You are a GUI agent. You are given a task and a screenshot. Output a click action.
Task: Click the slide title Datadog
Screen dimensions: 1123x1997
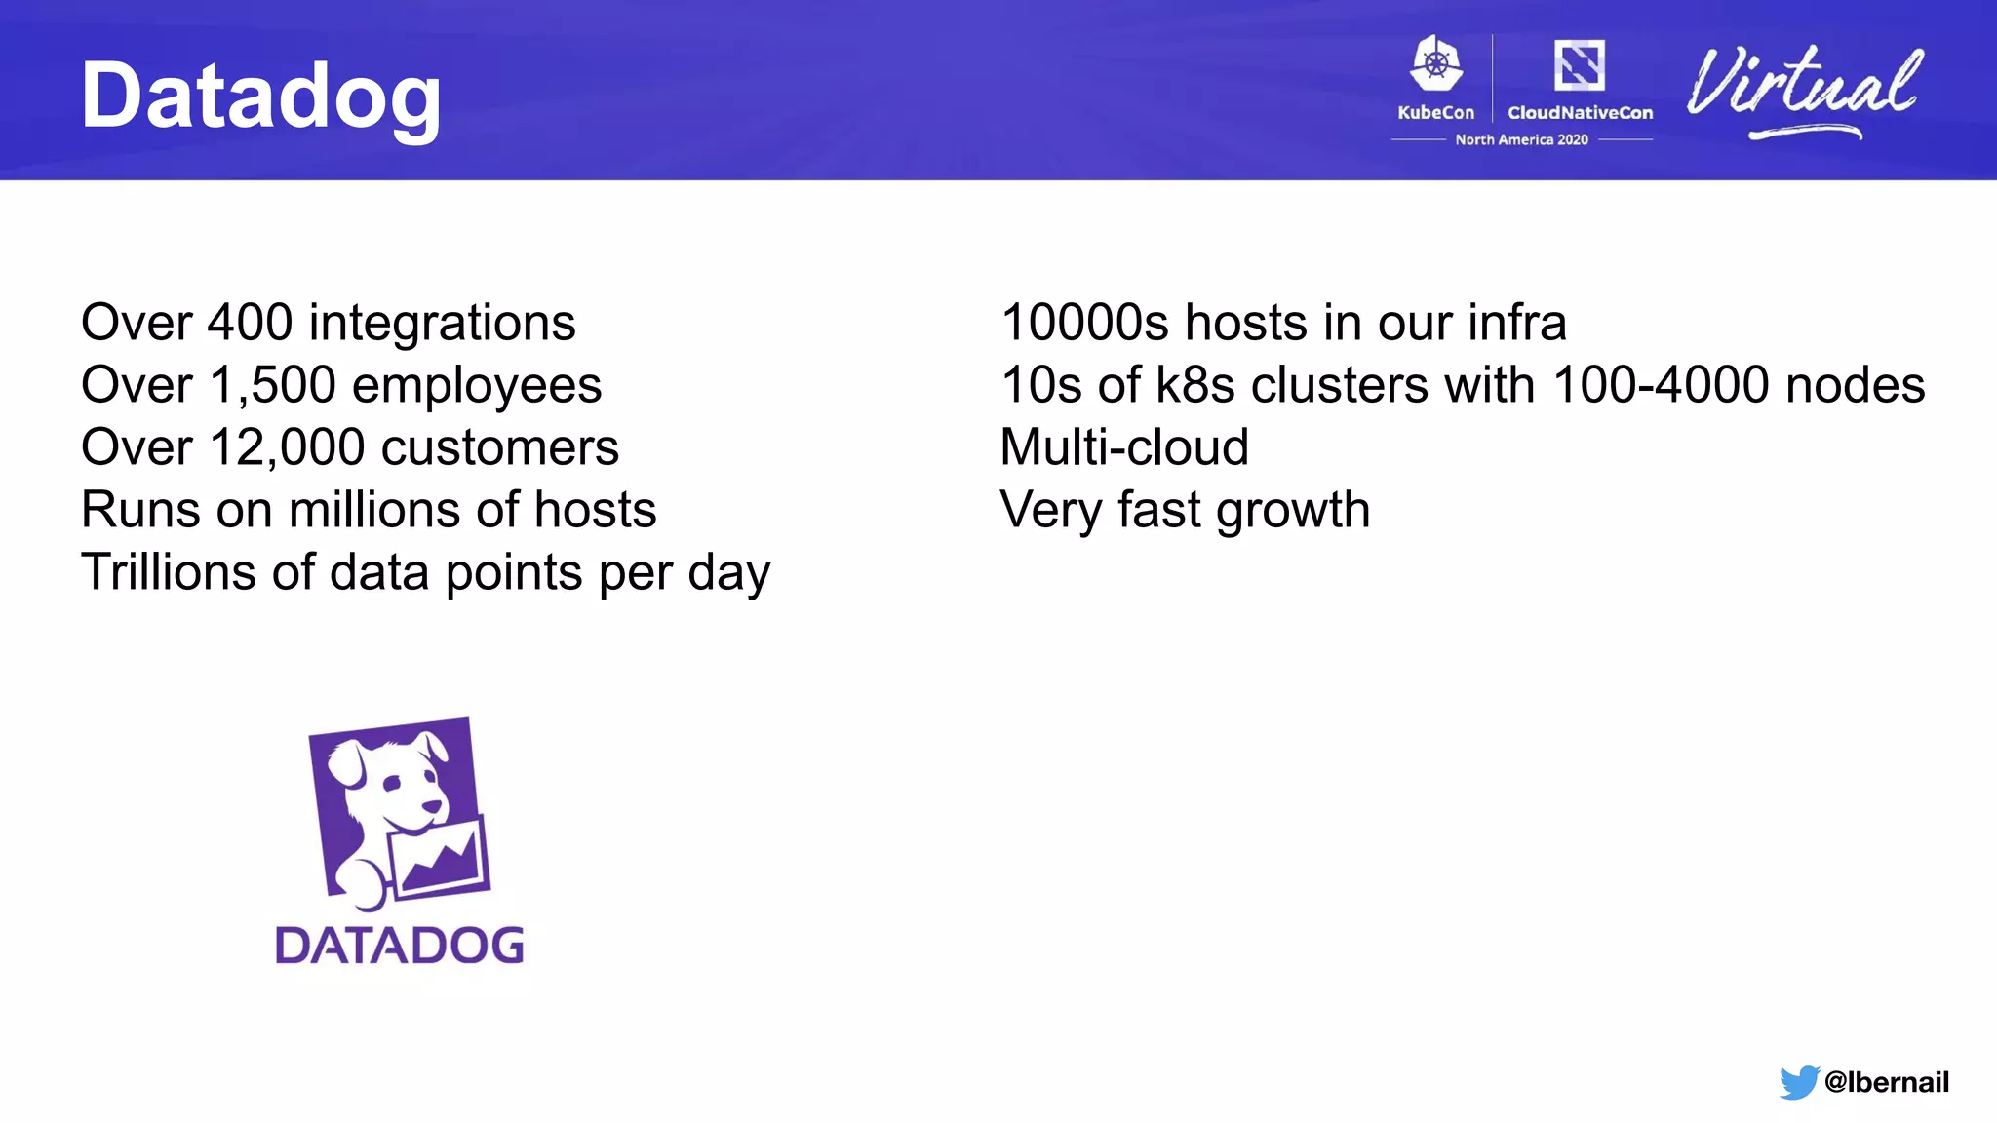[x=260, y=96]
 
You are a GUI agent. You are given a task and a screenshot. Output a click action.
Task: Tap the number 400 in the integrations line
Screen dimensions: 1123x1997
[x=250, y=323]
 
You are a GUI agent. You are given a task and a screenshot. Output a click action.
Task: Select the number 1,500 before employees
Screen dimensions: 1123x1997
[x=272, y=385]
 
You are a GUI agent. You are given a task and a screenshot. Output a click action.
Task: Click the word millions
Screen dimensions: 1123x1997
[x=373, y=510]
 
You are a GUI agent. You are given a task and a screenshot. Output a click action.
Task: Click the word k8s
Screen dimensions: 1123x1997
[x=1195, y=385]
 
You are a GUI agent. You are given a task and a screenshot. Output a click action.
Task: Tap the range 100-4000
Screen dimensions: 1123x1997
[x=1660, y=385]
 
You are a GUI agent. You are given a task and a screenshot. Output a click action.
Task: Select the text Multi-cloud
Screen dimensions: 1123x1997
[x=1123, y=447]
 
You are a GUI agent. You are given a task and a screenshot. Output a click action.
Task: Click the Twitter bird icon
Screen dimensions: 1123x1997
[x=1798, y=1082]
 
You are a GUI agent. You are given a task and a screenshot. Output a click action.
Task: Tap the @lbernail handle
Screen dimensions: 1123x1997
[x=1886, y=1082]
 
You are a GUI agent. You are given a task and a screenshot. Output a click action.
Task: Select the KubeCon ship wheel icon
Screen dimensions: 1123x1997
[x=1436, y=65]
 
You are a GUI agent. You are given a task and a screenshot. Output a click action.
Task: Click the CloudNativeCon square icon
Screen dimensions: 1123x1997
[x=1579, y=65]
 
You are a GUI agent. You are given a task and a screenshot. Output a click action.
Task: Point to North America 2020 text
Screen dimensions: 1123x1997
[x=1521, y=139]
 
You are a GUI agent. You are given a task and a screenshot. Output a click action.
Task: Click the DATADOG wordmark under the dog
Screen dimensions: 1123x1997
[x=399, y=945]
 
